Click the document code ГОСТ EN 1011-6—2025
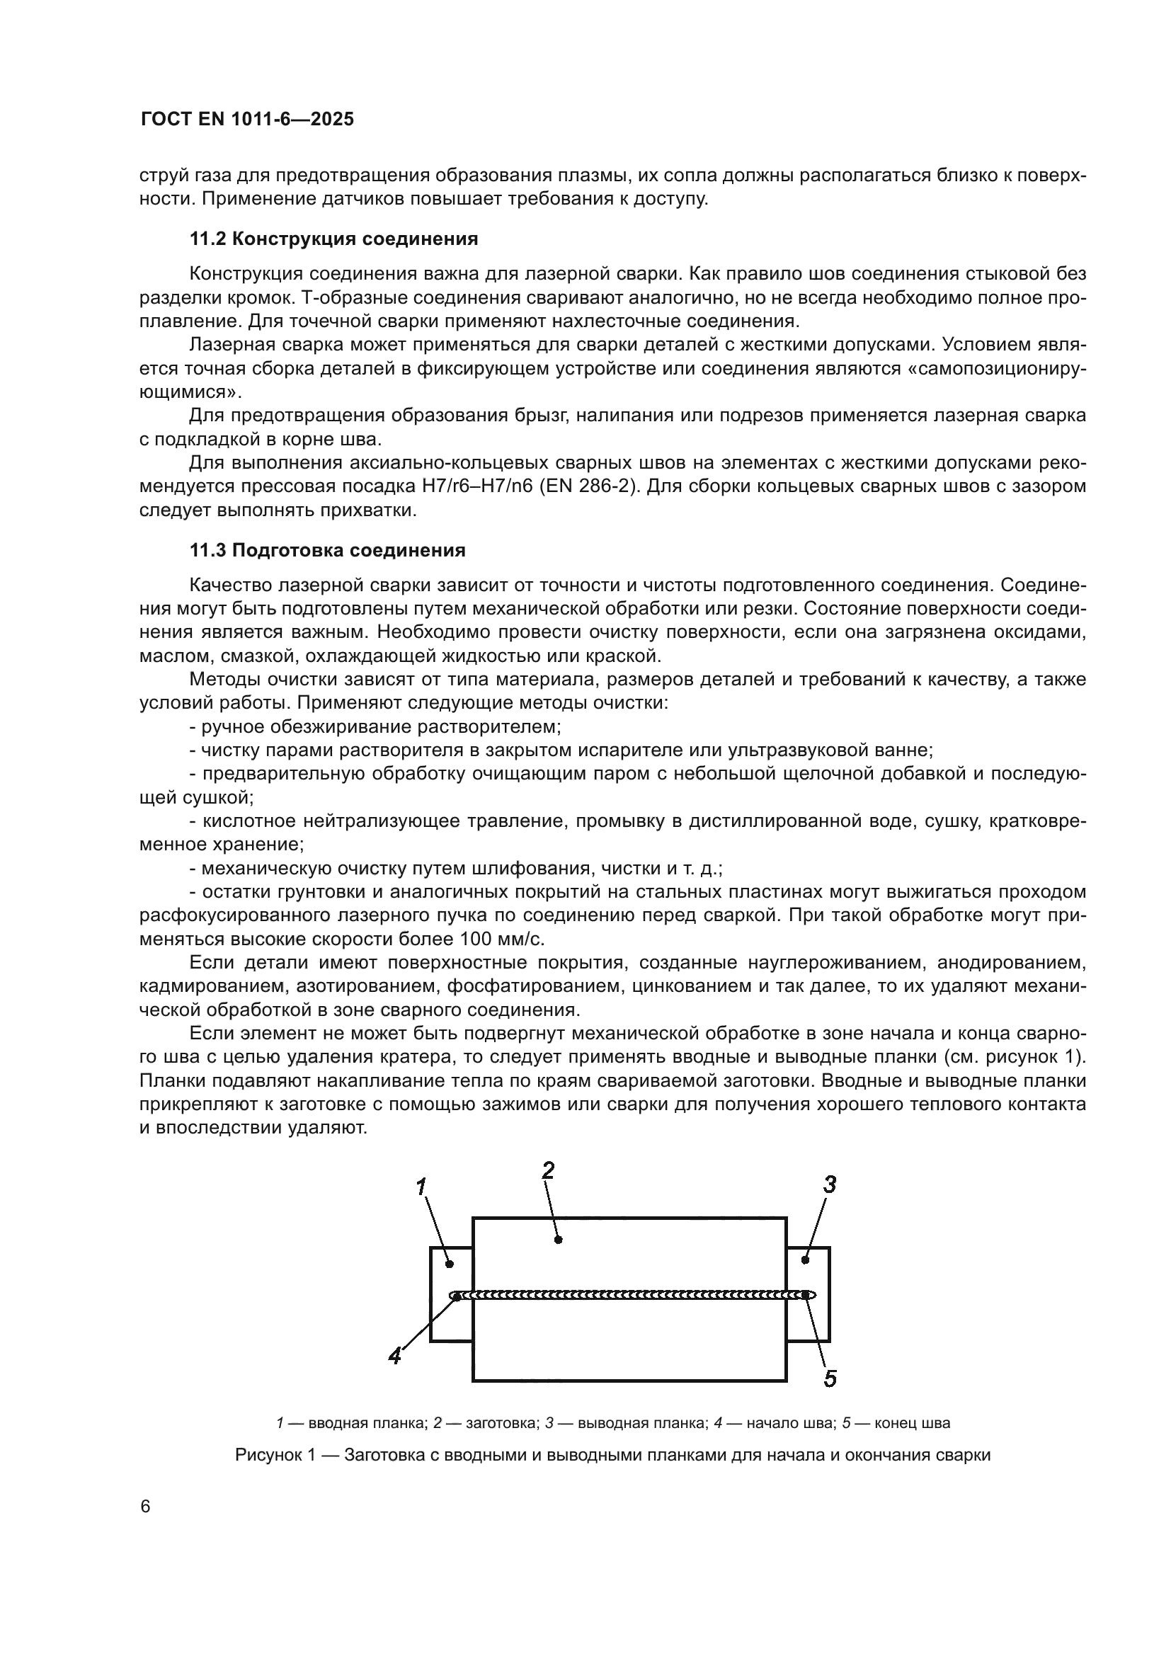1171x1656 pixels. pos(247,120)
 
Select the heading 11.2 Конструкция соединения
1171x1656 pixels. pos(334,239)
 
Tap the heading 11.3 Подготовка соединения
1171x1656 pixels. pos(327,550)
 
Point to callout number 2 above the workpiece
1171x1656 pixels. pos(548,1170)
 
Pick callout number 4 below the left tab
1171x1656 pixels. pos(394,1356)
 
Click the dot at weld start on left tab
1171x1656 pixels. pos(457,1296)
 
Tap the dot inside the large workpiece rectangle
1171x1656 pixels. pos(558,1240)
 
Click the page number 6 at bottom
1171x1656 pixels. pos(146,1507)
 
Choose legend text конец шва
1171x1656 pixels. pos(903,1423)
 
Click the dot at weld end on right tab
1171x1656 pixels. pos(805,1296)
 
